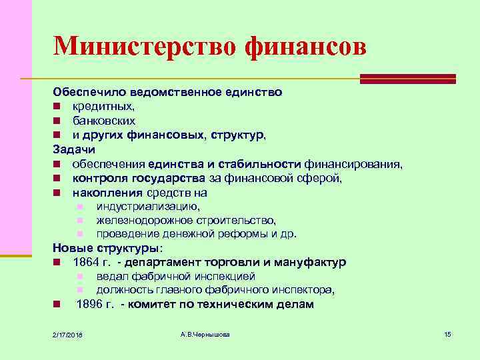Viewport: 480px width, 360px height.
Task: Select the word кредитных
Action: [95, 106]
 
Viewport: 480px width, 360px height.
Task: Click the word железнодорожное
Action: [139, 220]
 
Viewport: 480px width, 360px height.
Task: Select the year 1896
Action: [89, 305]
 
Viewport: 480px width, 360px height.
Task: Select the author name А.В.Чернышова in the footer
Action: [205, 333]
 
